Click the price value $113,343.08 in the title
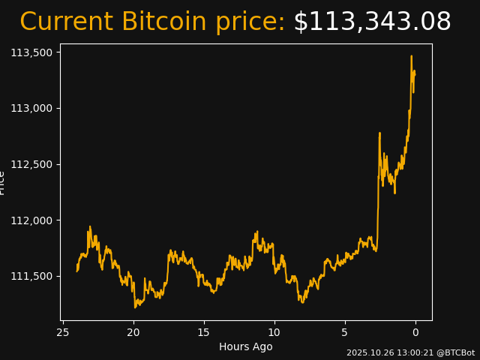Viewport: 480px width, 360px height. [x=372, y=22]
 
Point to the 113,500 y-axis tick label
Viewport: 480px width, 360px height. [x=32, y=52]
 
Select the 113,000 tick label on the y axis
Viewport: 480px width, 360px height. [x=32, y=108]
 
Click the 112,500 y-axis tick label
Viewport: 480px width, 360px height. [x=32, y=164]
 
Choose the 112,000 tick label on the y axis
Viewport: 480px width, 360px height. [x=32, y=220]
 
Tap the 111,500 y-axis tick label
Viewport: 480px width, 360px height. [x=32, y=276]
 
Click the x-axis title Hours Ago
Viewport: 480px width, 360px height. [x=246, y=346]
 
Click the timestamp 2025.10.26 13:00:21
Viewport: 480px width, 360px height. [x=387, y=352]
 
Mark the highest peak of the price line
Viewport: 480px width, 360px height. [x=411, y=55]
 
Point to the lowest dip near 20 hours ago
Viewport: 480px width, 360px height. [x=136, y=307]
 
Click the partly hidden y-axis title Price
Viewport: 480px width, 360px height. [x=2, y=182]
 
